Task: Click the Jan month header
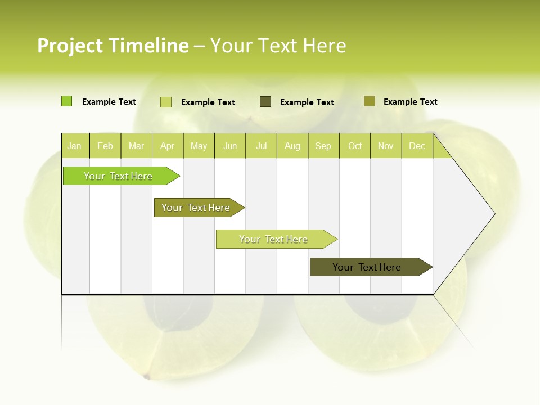tap(75, 146)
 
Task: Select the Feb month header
tap(105, 146)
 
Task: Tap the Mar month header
tap(136, 146)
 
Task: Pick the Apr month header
tap(168, 146)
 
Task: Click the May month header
tap(199, 146)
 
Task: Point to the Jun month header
tap(230, 146)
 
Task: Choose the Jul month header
tap(261, 146)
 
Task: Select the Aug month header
tap(292, 146)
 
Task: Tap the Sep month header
tap(323, 146)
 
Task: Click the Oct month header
tap(355, 146)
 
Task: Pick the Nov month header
tap(386, 146)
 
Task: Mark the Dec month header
tap(417, 146)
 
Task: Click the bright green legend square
tap(66, 101)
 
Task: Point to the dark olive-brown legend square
tap(265, 101)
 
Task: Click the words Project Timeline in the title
tap(113, 46)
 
